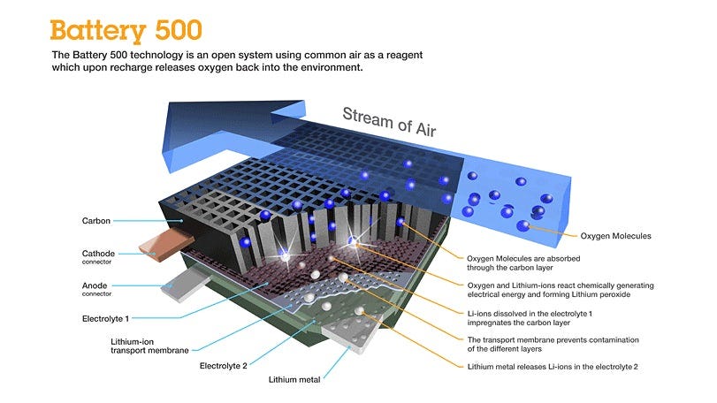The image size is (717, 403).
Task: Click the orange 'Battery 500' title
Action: point(126,31)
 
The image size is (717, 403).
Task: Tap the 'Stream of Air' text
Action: point(389,122)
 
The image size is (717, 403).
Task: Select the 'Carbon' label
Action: point(96,221)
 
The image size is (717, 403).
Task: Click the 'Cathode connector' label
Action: point(98,257)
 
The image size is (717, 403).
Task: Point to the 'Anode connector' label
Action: point(96,289)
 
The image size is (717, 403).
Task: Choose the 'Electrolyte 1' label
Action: point(105,318)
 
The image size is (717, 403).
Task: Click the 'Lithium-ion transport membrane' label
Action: point(149,346)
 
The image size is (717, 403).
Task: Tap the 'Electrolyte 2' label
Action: point(223,366)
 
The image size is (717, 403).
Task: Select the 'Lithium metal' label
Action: point(294,379)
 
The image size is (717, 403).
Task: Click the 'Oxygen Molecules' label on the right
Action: point(615,236)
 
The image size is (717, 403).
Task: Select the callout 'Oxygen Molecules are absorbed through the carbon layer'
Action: point(523,262)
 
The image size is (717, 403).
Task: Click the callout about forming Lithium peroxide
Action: point(561,290)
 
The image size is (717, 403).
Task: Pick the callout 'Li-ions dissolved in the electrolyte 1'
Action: point(530,318)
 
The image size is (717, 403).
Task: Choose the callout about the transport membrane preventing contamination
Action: point(553,344)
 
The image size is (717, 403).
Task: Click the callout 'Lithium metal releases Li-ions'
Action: point(553,367)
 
